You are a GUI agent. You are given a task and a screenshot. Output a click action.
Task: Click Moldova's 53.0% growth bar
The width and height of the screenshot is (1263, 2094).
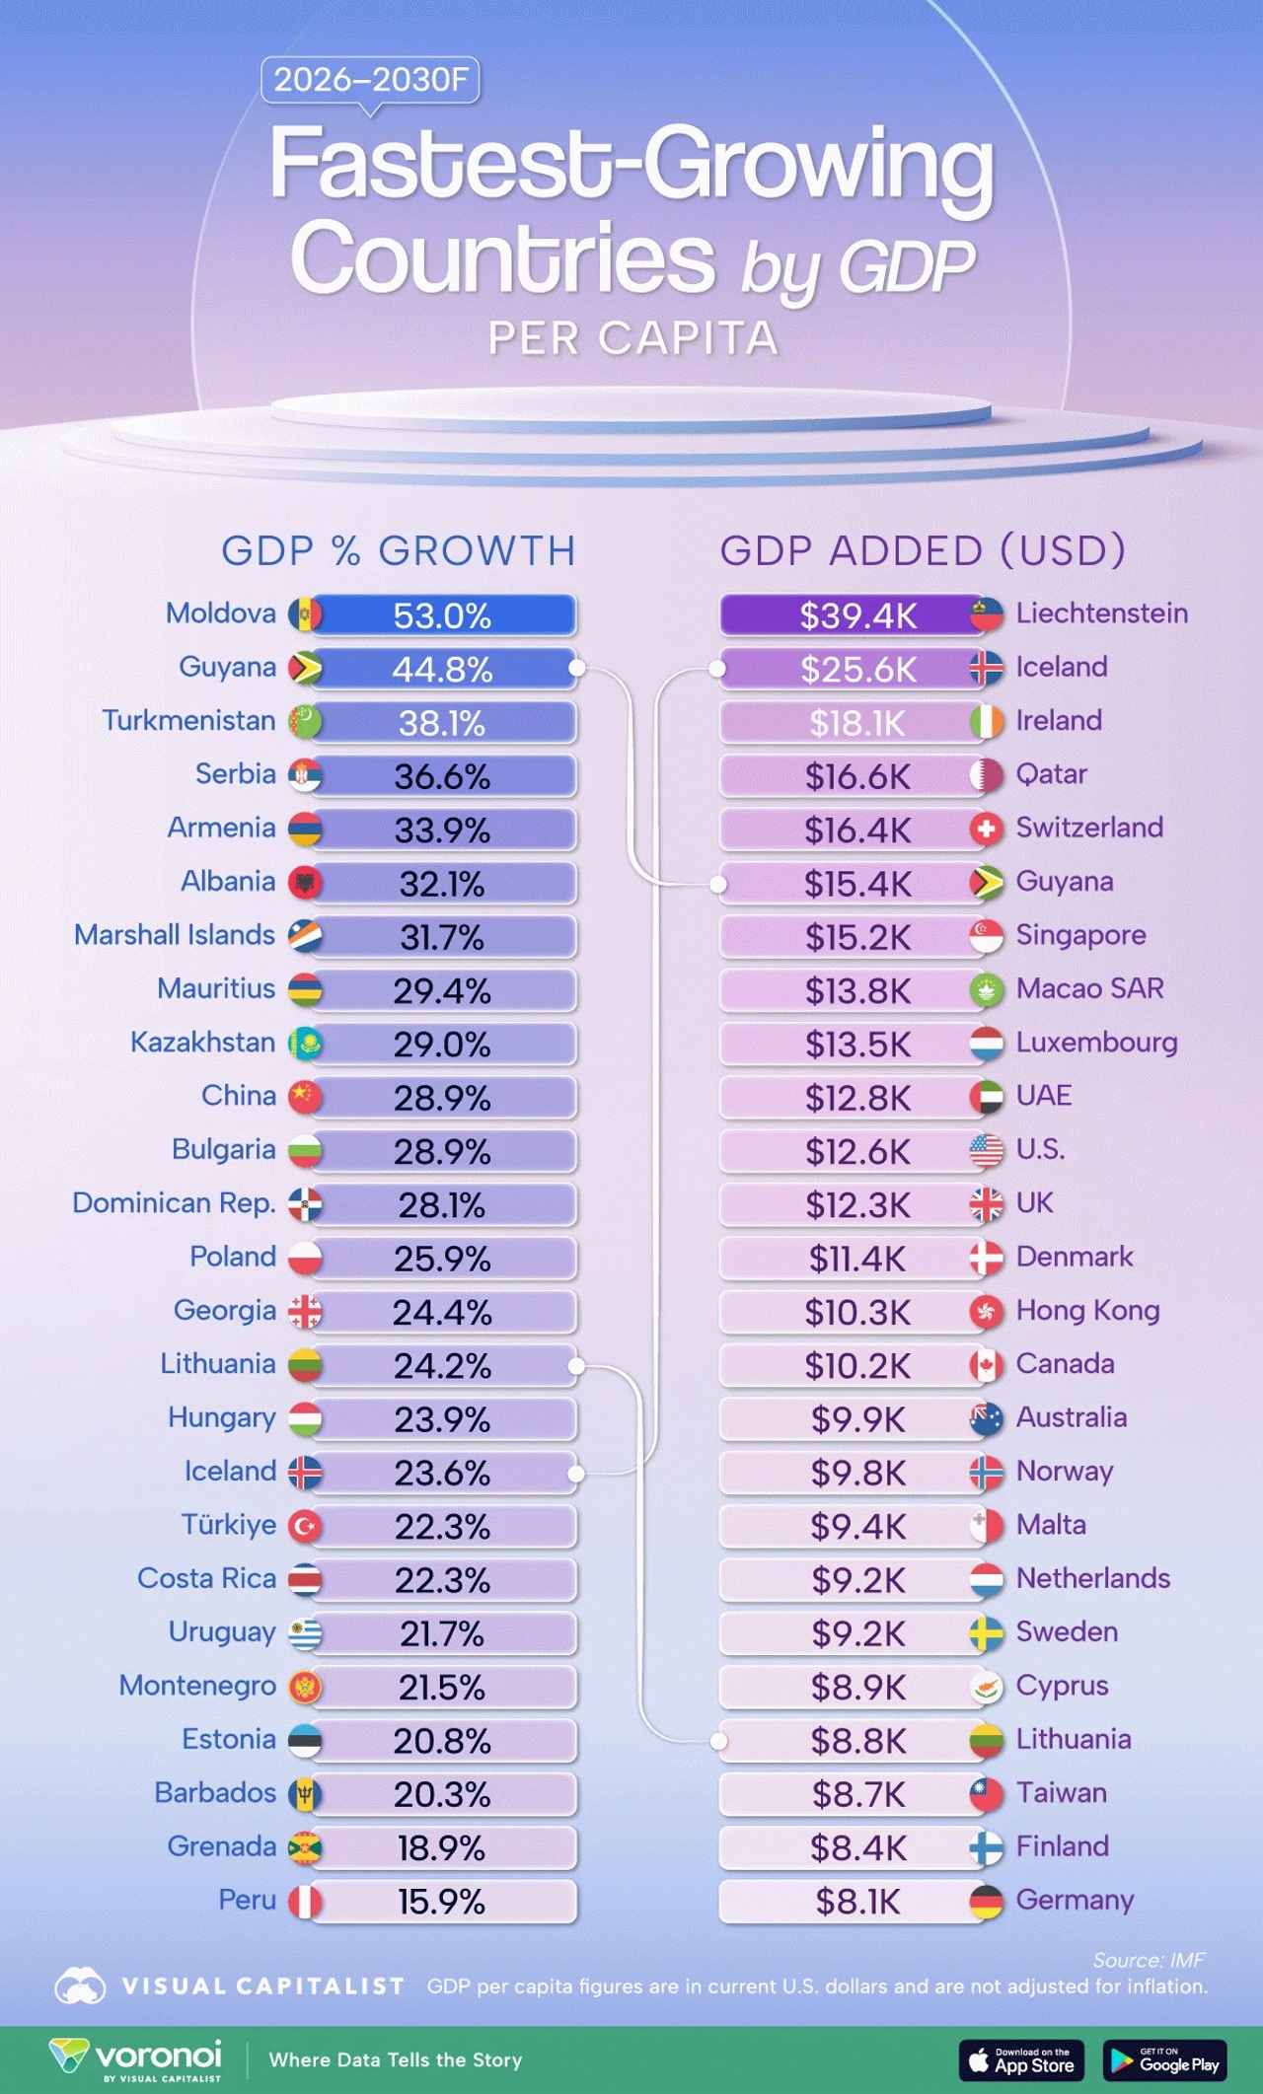point(442,615)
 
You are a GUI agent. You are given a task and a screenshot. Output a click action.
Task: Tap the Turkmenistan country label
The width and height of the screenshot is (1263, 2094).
point(188,721)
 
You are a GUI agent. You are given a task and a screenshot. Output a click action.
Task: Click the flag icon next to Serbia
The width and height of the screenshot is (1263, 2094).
point(305,776)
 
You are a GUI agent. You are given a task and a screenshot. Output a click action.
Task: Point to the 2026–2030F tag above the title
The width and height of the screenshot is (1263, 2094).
point(370,80)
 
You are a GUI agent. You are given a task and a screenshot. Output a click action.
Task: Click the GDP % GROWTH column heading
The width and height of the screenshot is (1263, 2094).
point(399,550)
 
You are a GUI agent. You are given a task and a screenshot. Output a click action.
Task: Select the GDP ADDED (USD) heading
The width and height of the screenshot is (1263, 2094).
point(923,550)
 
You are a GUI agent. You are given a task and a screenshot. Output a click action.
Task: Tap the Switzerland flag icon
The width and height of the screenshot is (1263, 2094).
point(986,830)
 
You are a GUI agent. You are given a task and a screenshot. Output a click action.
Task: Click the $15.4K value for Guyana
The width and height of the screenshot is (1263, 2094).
point(856,884)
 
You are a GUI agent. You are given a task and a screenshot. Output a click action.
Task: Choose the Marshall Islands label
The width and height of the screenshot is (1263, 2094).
point(175,935)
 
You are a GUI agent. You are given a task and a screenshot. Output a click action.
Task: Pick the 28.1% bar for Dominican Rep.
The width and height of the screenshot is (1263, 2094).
point(442,1205)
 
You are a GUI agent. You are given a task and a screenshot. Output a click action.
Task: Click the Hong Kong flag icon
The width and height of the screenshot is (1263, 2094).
point(986,1312)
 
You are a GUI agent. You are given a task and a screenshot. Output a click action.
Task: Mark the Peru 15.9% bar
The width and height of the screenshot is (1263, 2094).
point(442,1902)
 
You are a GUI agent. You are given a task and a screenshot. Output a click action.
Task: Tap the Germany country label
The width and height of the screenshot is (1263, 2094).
point(1075,1900)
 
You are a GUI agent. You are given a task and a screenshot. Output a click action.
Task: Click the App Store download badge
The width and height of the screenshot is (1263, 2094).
point(1021,2059)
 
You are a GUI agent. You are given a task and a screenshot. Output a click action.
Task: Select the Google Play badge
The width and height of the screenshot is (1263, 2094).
point(1164,2059)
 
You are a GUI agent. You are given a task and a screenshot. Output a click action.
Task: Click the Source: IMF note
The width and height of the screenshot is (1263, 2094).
point(1149,1959)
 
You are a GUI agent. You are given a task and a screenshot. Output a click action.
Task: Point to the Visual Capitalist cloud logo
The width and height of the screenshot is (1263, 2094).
point(80,1986)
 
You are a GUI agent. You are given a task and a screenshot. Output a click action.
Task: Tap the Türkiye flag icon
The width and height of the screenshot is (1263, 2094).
point(305,1527)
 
